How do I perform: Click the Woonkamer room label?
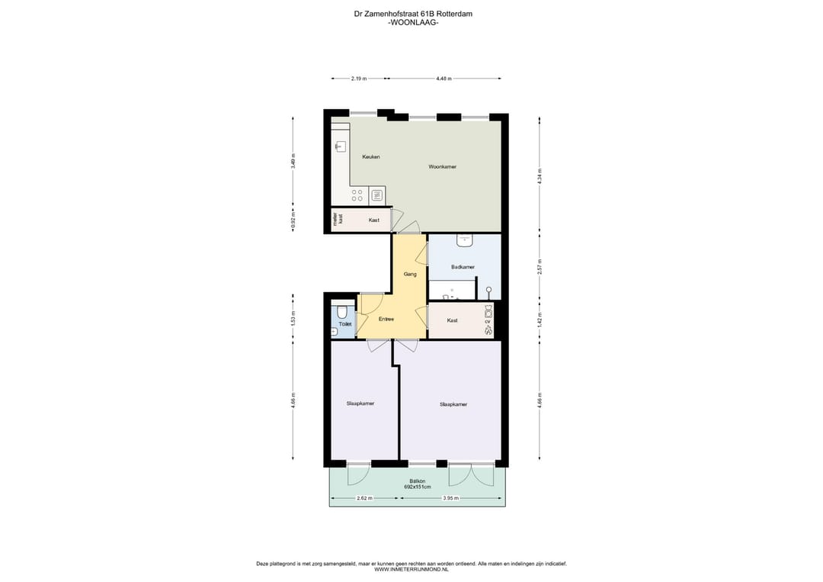click(442, 166)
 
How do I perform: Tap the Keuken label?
click(371, 156)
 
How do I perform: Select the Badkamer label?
click(463, 267)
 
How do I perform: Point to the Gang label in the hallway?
click(409, 274)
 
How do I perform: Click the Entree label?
click(386, 319)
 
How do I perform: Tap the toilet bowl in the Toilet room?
click(342, 312)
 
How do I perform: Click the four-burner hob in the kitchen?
click(357, 195)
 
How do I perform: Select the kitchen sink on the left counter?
click(341, 146)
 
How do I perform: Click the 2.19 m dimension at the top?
click(358, 79)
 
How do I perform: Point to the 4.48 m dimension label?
click(444, 79)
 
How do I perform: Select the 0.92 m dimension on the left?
click(293, 220)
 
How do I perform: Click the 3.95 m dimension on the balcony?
click(452, 498)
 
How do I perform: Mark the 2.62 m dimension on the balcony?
click(364, 498)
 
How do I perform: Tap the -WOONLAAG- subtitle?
click(413, 23)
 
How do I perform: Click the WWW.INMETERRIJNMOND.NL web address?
click(411, 569)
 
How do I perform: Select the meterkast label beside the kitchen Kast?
click(337, 220)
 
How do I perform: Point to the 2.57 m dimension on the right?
click(540, 266)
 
